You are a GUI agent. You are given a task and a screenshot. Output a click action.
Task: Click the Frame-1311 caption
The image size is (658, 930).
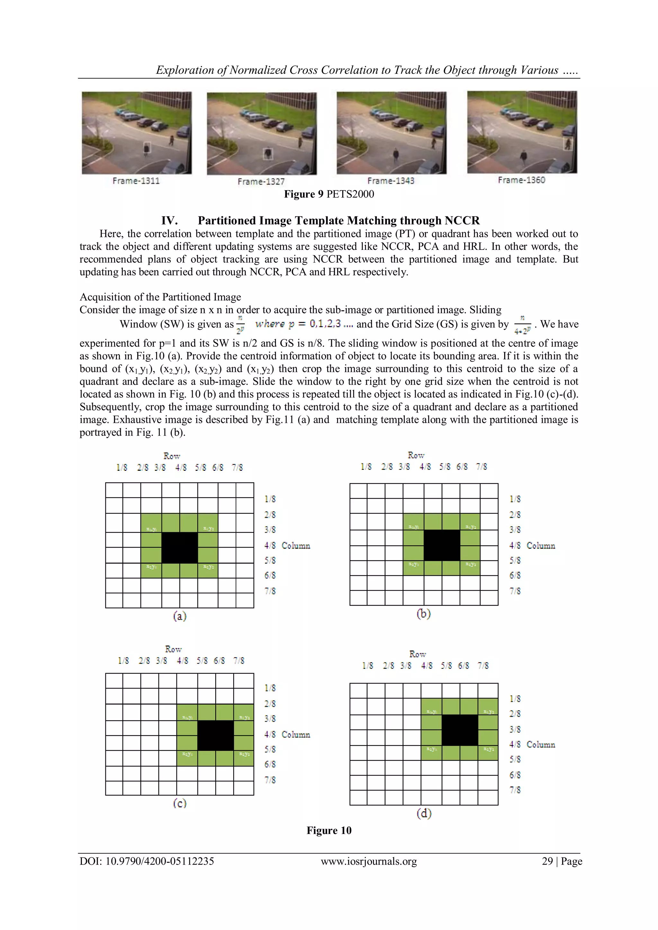pyautogui.click(x=136, y=181)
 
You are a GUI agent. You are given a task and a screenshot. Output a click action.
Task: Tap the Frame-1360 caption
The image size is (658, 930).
pyautogui.click(x=521, y=180)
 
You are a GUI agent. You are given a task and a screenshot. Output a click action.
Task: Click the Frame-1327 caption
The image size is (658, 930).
pyautogui.click(x=261, y=181)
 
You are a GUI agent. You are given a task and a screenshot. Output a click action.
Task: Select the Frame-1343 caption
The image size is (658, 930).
pyautogui.click(x=391, y=181)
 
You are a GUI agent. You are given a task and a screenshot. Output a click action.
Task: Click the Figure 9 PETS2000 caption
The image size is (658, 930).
pyautogui.click(x=329, y=194)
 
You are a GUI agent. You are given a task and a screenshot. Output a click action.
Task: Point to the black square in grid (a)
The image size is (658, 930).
pyautogui.click(x=180, y=548)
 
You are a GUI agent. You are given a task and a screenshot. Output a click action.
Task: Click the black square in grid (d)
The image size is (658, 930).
pyautogui.click(x=459, y=730)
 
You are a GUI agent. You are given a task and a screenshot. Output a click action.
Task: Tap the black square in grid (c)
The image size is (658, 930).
pyautogui.click(x=216, y=735)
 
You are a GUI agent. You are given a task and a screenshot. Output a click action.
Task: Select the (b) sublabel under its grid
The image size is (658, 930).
pyautogui.click(x=423, y=614)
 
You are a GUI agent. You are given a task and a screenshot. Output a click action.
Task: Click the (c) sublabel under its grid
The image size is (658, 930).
pyautogui.click(x=180, y=803)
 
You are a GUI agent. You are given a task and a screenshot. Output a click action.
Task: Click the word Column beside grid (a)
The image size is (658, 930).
pyautogui.click(x=296, y=546)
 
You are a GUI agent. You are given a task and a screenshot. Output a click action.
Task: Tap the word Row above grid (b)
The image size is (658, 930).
pyautogui.click(x=416, y=455)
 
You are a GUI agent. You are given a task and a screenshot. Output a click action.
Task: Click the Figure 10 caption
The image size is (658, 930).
pyautogui.click(x=329, y=830)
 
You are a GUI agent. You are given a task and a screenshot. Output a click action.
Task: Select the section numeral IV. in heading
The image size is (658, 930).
pyautogui.click(x=169, y=220)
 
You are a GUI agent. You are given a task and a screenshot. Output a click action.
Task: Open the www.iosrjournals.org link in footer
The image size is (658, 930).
pyautogui.click(x=369, y=861)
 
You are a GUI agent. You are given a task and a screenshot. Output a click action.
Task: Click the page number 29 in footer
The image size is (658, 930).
pyautogui.click(x=547, y=861)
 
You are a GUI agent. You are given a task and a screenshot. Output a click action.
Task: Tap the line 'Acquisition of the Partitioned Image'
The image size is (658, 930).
pyautogui.click(x=160, y=297)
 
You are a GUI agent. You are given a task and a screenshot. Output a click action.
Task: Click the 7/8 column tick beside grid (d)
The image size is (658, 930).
pyautogui.click(x=515, y=790)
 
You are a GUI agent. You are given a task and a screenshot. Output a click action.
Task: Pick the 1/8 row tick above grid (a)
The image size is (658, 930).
pyautogui.click(x=121, y=468)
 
